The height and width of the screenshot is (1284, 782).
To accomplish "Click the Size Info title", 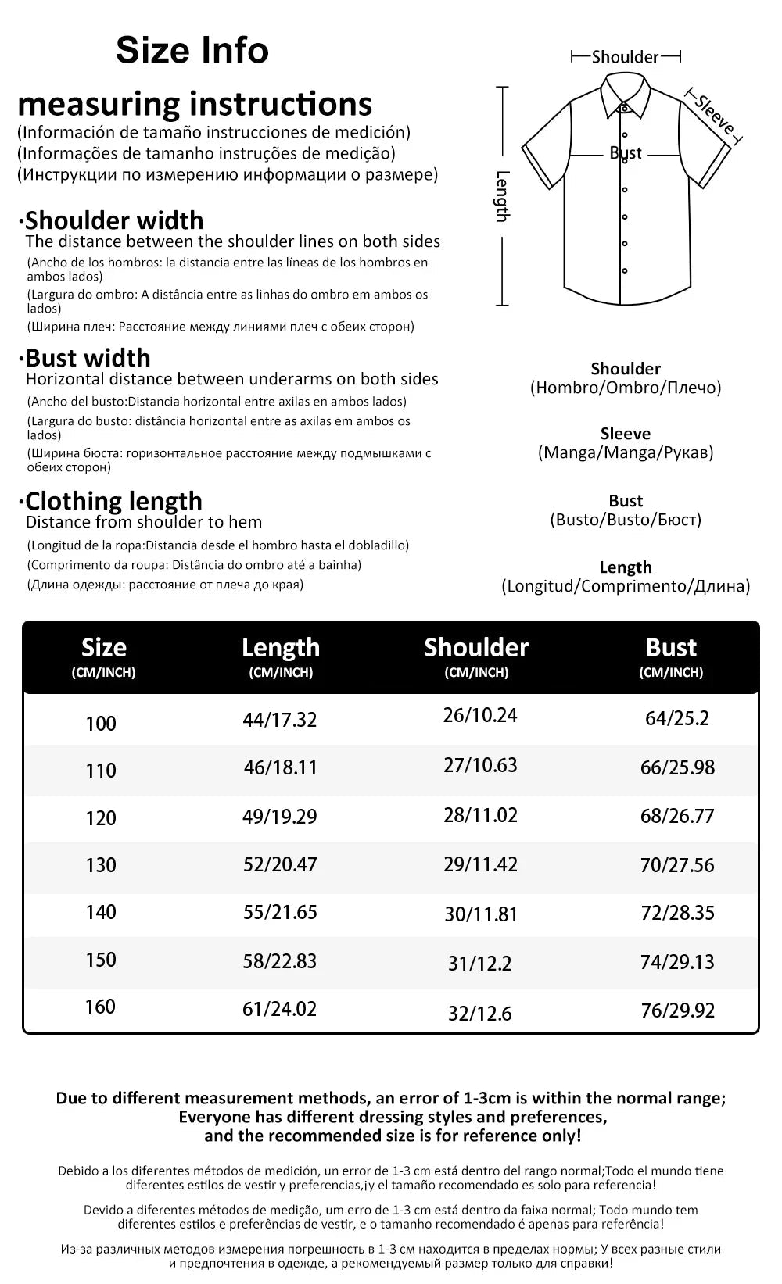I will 192,51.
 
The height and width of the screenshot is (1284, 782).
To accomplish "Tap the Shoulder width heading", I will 114,220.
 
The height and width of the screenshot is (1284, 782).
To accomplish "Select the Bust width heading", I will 88,358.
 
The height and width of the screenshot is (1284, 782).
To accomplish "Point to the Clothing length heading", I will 113,501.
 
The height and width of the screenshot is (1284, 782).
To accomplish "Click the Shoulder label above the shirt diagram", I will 626,57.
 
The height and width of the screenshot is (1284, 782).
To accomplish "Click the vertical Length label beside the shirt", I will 503,196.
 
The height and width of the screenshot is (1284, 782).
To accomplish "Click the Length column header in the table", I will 281,647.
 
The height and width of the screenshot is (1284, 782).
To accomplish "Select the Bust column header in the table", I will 671,647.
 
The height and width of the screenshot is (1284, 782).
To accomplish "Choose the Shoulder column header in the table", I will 476,647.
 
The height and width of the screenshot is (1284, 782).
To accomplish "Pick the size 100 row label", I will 101,724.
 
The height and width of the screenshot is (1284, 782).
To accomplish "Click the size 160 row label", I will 101,1007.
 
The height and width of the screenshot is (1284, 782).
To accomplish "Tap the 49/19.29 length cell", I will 280,817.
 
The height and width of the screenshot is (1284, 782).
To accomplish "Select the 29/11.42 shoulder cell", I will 480,864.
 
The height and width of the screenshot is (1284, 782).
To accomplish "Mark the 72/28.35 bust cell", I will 677,913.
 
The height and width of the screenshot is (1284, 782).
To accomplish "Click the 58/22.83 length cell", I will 280,960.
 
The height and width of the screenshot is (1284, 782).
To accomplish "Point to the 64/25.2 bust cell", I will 677,718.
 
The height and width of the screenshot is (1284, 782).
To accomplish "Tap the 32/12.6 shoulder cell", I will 480,1014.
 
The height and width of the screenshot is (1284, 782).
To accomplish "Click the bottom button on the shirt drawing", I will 624,270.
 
